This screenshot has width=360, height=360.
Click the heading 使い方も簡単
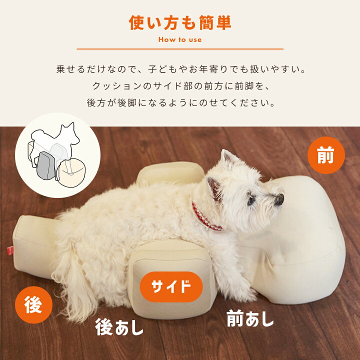[180, 23]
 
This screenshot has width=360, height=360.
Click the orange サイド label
[171, 287]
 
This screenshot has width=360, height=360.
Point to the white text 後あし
[119, 327]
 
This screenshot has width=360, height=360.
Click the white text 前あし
[250, 318]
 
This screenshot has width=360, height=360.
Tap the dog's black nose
[279, 200]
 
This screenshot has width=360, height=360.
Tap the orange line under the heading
[180, 49]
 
